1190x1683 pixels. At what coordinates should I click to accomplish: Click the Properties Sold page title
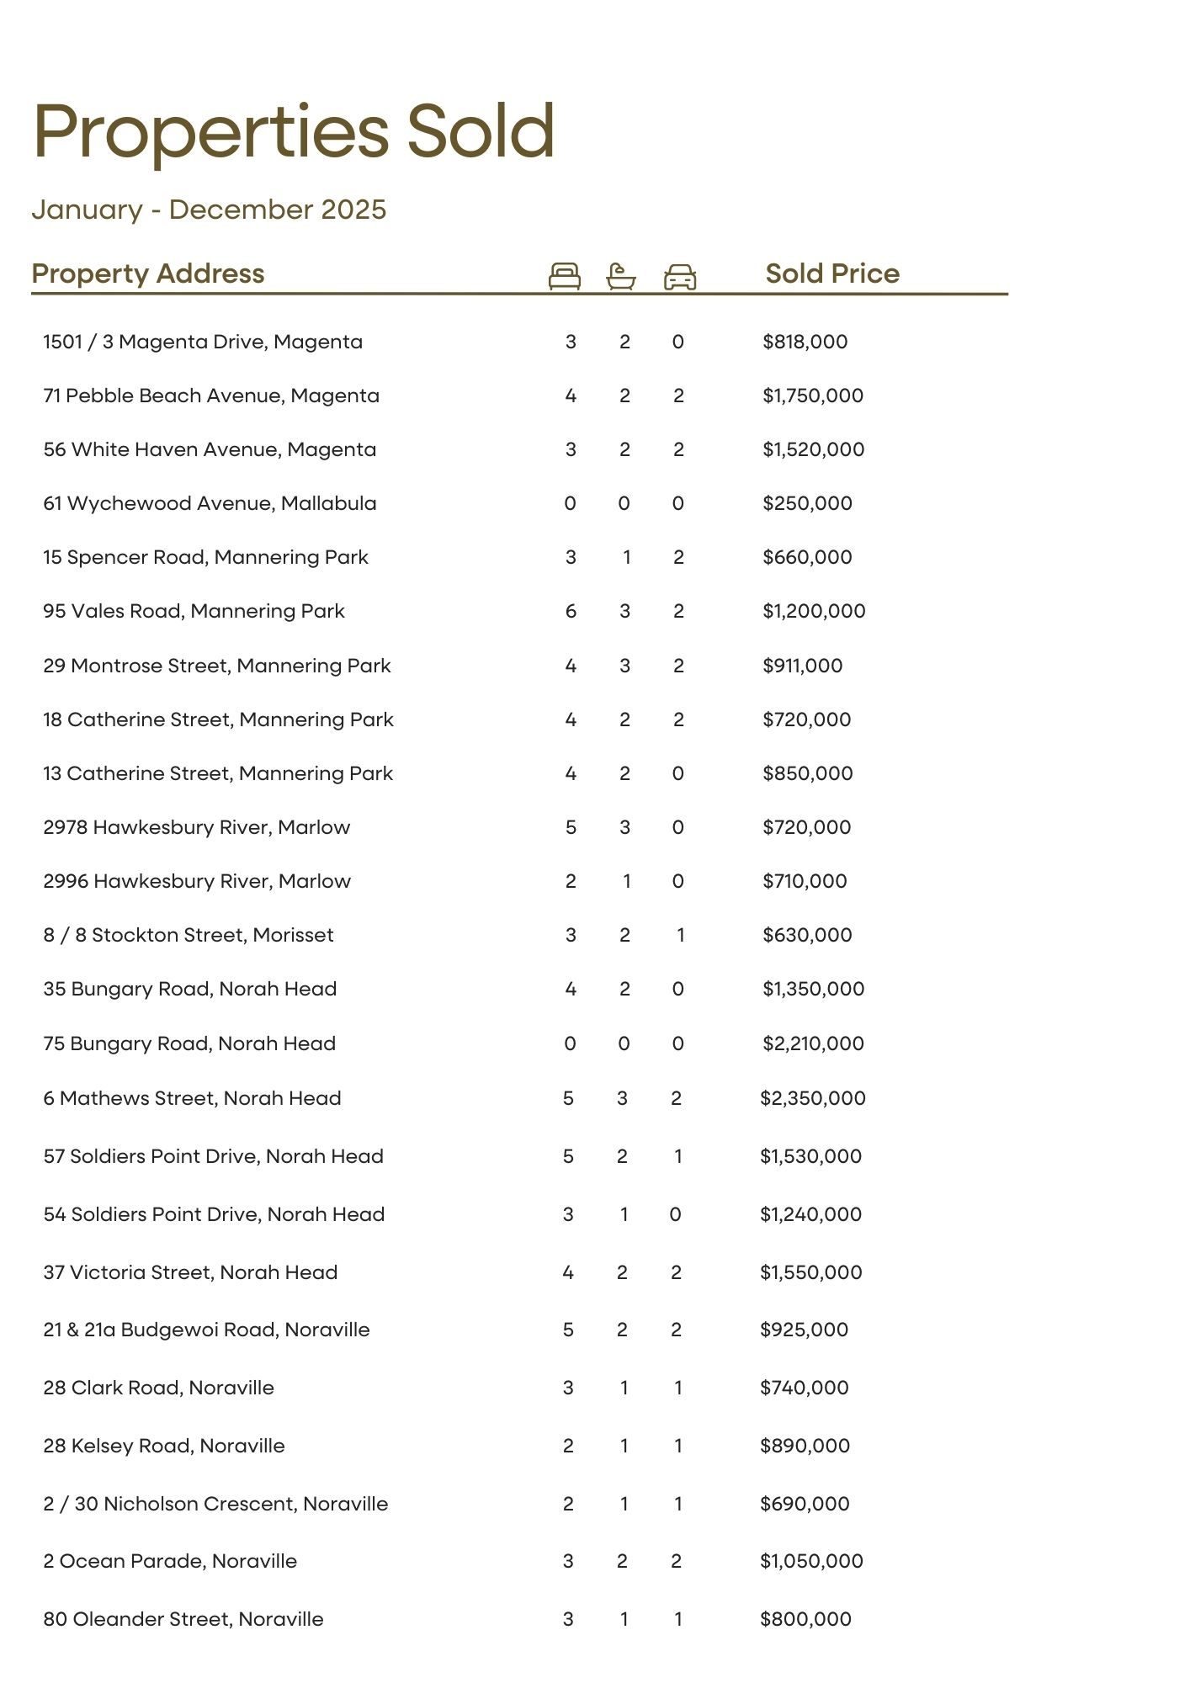294,132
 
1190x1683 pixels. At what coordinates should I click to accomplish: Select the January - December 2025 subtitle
209,210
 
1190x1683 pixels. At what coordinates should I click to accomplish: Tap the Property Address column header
148,273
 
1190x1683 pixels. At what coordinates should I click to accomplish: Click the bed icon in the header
564,276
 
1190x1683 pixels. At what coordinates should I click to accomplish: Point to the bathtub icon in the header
621,276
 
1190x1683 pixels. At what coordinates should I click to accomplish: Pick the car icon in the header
680,277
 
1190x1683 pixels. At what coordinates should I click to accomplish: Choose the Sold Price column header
832,273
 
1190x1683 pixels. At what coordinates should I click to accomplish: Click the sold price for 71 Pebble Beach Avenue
813,396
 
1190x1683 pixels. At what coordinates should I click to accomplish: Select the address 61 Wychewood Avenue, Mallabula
210,503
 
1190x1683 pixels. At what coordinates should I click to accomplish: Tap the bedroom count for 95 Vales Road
571,611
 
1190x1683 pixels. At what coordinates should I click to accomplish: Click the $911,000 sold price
802,666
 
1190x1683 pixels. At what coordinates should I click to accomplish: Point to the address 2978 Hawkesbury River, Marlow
196,827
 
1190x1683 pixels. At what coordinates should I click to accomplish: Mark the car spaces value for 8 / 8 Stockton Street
680,935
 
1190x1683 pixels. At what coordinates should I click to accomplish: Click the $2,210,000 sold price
813,1043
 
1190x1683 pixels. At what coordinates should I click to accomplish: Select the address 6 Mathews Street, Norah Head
192,1098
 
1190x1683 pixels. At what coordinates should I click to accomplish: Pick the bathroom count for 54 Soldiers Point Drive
624,1214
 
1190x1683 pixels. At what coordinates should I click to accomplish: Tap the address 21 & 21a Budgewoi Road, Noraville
206,1330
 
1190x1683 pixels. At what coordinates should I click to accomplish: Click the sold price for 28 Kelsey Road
805,1446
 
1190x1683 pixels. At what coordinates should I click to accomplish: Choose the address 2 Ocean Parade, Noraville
170,1561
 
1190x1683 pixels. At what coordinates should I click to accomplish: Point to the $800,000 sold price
805,1619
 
